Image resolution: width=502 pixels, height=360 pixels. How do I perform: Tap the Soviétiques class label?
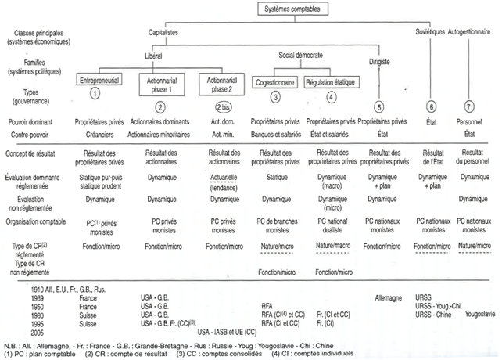[x=428, y=34]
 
